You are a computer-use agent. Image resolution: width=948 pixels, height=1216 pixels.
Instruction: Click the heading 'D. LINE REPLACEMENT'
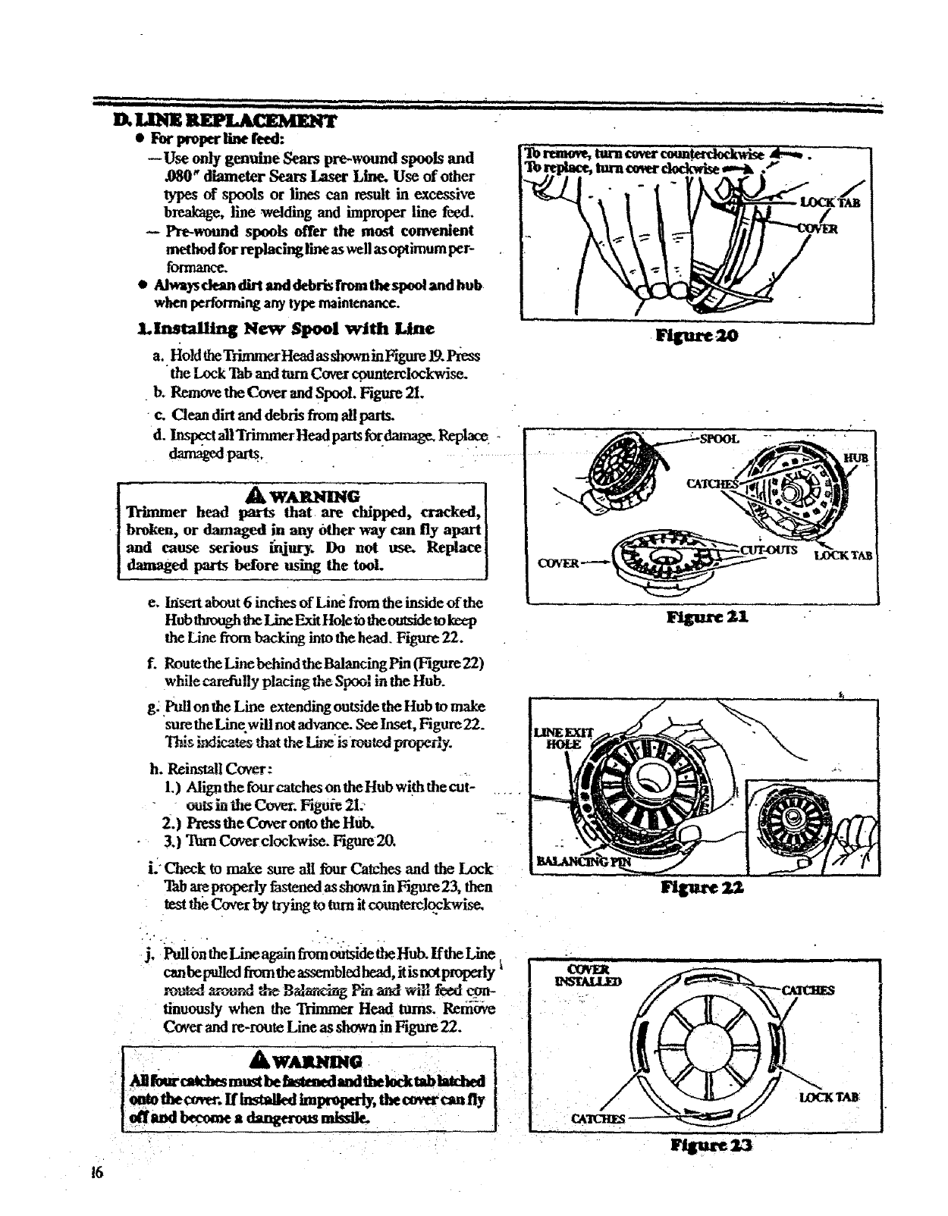pos(224,121)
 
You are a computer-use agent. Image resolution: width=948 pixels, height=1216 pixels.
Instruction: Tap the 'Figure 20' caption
pos(699,335)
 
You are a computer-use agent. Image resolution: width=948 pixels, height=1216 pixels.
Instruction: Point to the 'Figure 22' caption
pos(702,888)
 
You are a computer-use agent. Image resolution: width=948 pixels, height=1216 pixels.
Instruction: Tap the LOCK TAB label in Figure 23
pos(829,1097)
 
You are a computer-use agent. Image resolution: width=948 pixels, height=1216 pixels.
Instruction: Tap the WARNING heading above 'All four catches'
pos(309,1060)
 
